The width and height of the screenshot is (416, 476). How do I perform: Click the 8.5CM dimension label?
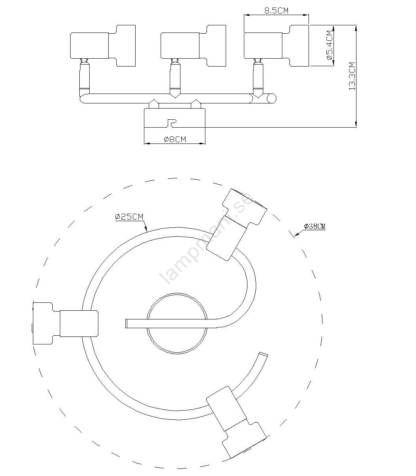tap(276, 10)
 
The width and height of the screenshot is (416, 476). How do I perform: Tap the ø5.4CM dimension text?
tap(328, 45)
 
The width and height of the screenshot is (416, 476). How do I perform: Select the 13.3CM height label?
tap(352, 76)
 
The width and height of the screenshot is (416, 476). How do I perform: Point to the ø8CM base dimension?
tap(174, 139)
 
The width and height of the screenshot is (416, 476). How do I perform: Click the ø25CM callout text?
tap(129, 216)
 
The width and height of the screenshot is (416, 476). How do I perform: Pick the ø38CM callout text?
tap(314, 226)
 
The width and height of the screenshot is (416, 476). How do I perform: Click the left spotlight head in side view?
tap(103, 46)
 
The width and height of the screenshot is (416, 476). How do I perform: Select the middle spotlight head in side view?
tap(193, 46)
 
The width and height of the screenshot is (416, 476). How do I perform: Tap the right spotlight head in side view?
tap(276, 46)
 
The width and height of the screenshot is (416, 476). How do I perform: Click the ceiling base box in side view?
tap(175, 118)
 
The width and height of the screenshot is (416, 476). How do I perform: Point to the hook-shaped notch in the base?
tap(171, 123)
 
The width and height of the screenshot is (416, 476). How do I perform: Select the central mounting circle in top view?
tap(176, 323)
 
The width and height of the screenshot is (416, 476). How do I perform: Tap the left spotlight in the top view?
tap(65, 323)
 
